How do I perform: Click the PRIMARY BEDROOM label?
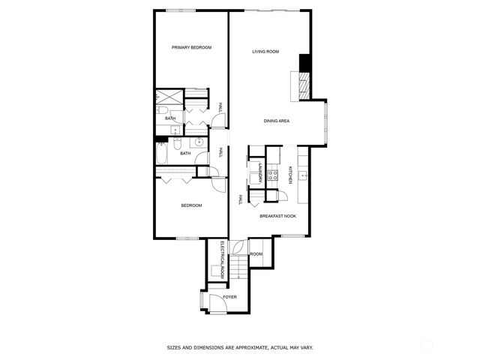tap(192, 47)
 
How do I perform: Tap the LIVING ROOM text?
tap(265, 52)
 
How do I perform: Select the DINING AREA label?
tap(277, 121)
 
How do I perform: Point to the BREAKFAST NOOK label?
tap(277, 216)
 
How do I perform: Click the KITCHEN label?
tap(290, 175)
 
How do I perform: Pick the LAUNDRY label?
tap(260, 173)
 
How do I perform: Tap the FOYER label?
tap(229, 297)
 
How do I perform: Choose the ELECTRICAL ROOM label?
tap(223, 260)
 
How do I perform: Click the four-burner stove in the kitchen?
tap(272, 175)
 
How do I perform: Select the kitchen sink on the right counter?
tap(303, 175)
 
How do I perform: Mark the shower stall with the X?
tap(169, 97)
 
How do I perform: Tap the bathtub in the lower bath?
tap(162, 154)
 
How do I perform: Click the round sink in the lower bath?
tap(199, 142)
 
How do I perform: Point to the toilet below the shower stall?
tap(162, 110)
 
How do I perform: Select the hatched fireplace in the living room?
tap(304, 85)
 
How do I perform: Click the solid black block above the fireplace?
tap(304, 63)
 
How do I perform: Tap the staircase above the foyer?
tap(238, 267)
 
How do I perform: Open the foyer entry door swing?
tap(217, 303)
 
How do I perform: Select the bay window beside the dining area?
tap(326, 121)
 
